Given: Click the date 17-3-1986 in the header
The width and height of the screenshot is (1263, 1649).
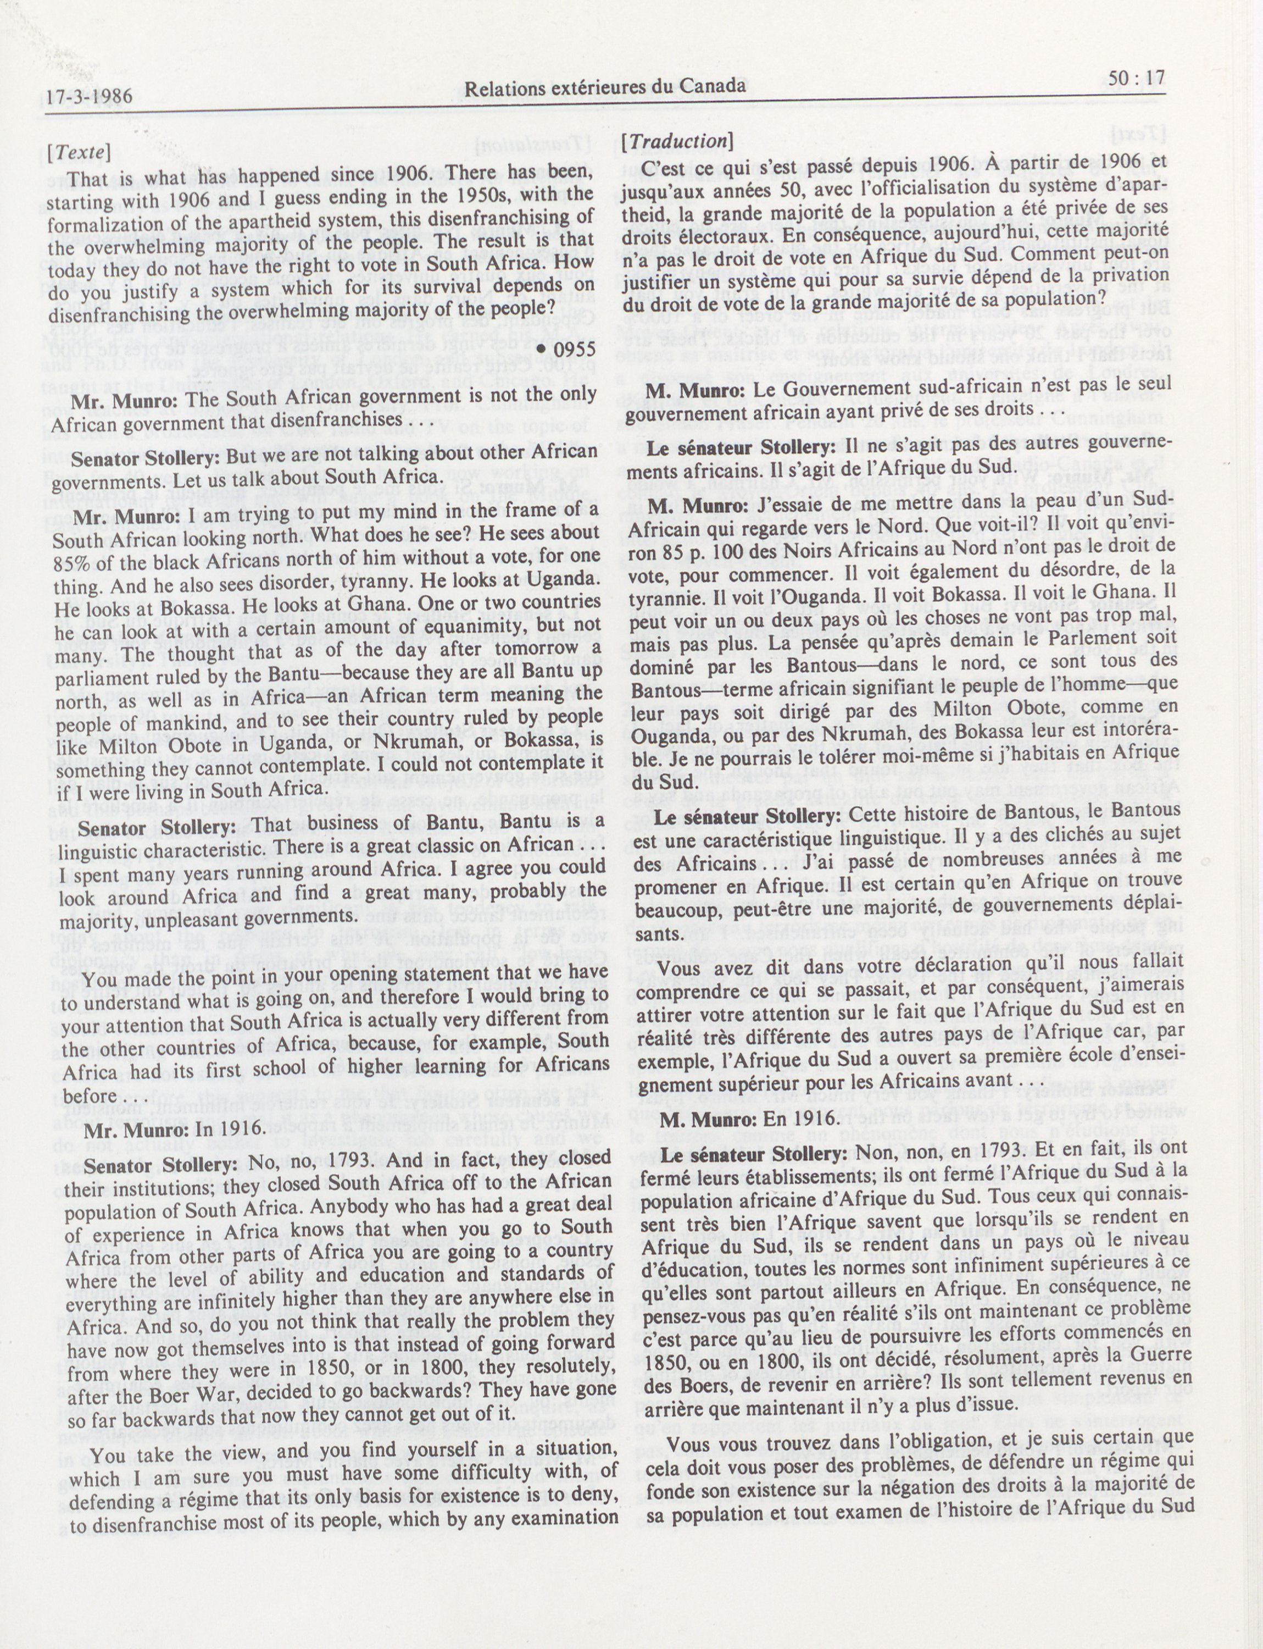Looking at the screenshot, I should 88,96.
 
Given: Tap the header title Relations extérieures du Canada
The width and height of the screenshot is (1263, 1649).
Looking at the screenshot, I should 605,87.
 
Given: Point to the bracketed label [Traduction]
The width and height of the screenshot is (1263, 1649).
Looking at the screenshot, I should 678,141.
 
